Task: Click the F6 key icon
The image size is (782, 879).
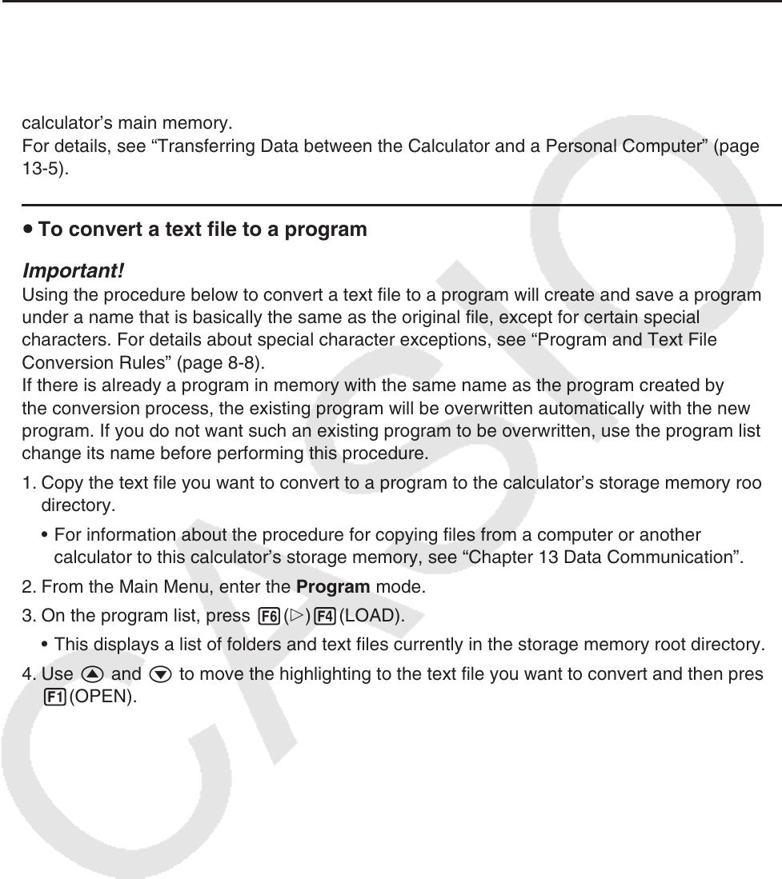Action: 269,617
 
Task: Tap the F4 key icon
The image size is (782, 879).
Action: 327,617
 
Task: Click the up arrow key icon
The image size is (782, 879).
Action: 90,673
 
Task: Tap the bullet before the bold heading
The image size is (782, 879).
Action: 28,230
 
